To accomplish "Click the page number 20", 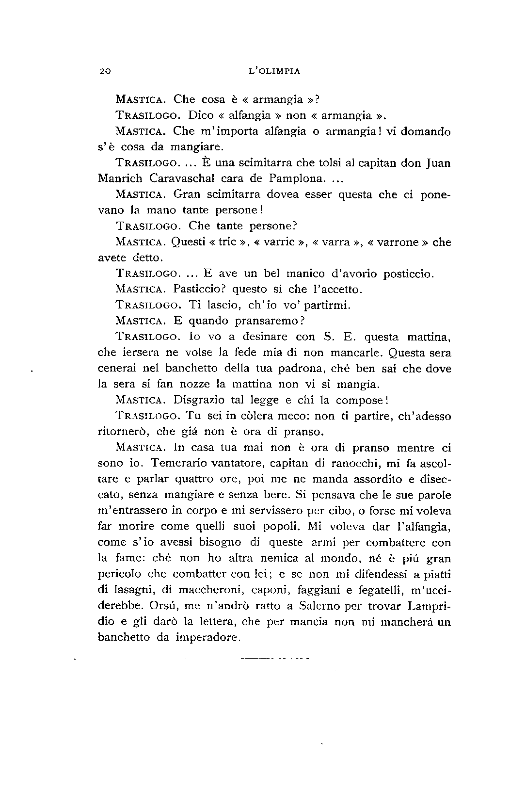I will [x=105, y=71].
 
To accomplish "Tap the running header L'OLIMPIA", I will [x=274, y=71].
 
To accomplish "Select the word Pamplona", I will [x=295, y=178].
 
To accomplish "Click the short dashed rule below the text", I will [x=274, y=659].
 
